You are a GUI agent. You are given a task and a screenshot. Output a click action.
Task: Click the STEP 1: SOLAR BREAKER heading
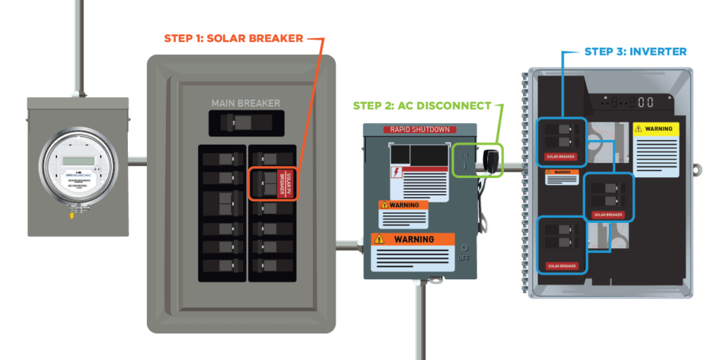click(234, 38)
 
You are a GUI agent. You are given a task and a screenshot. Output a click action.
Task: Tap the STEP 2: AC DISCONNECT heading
click(422, 106)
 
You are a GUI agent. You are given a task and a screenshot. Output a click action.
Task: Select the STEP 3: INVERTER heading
click(635, 52)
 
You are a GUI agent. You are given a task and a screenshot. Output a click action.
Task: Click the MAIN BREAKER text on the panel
click(245, 103)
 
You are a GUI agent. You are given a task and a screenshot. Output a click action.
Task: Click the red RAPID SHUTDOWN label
click(419, 130)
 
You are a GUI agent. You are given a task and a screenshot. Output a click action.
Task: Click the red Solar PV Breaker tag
click(287, 184)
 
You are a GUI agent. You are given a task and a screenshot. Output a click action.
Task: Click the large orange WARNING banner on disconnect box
click(413, 240)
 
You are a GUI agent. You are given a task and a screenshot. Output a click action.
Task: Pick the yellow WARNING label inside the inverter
click(657, 129)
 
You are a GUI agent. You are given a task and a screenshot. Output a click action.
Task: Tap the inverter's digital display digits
click(645, 103)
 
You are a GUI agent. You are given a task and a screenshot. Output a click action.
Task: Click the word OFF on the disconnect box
click(463, 258)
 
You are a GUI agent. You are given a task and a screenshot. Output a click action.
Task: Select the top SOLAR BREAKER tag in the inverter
click(560, 156)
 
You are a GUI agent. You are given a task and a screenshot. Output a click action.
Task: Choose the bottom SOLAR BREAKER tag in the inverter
click(560, 266)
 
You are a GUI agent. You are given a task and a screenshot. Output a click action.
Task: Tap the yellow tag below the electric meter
click(70, 217)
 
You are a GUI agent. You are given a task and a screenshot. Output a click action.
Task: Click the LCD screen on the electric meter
click(73, 161)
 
